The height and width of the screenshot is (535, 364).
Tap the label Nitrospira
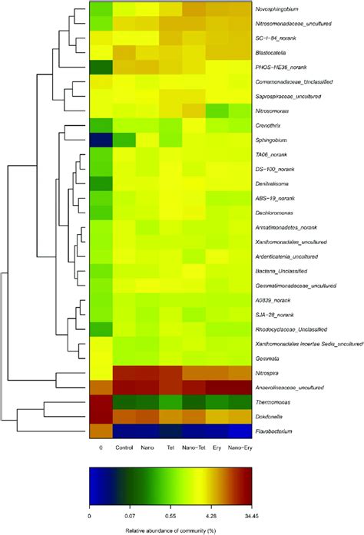pos(268,373)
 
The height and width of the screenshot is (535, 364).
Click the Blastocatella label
pos(271,52)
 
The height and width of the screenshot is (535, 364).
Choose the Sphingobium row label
pos(270,140)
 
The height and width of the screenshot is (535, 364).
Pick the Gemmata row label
pos(267,358)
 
